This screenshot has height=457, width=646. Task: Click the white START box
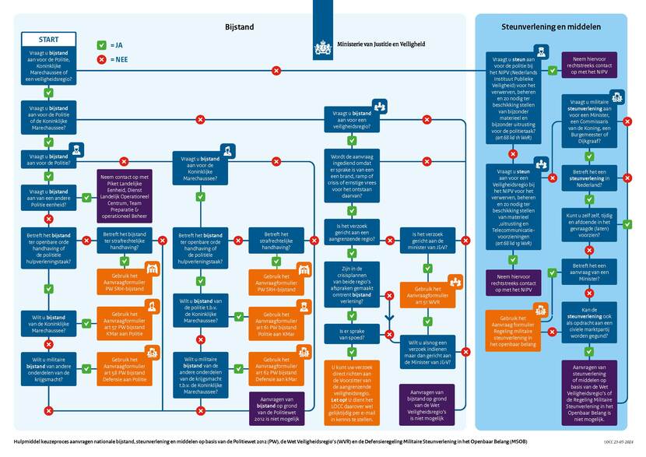pos(47,39)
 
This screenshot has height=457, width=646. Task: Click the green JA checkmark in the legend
pos(101,44)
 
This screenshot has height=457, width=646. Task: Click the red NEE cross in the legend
pos(101,59)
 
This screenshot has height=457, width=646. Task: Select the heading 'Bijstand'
pos(239,26)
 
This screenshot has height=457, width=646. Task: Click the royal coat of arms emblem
pos(322,47)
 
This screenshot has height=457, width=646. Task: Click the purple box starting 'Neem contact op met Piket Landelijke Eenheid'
pos(127,198)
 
